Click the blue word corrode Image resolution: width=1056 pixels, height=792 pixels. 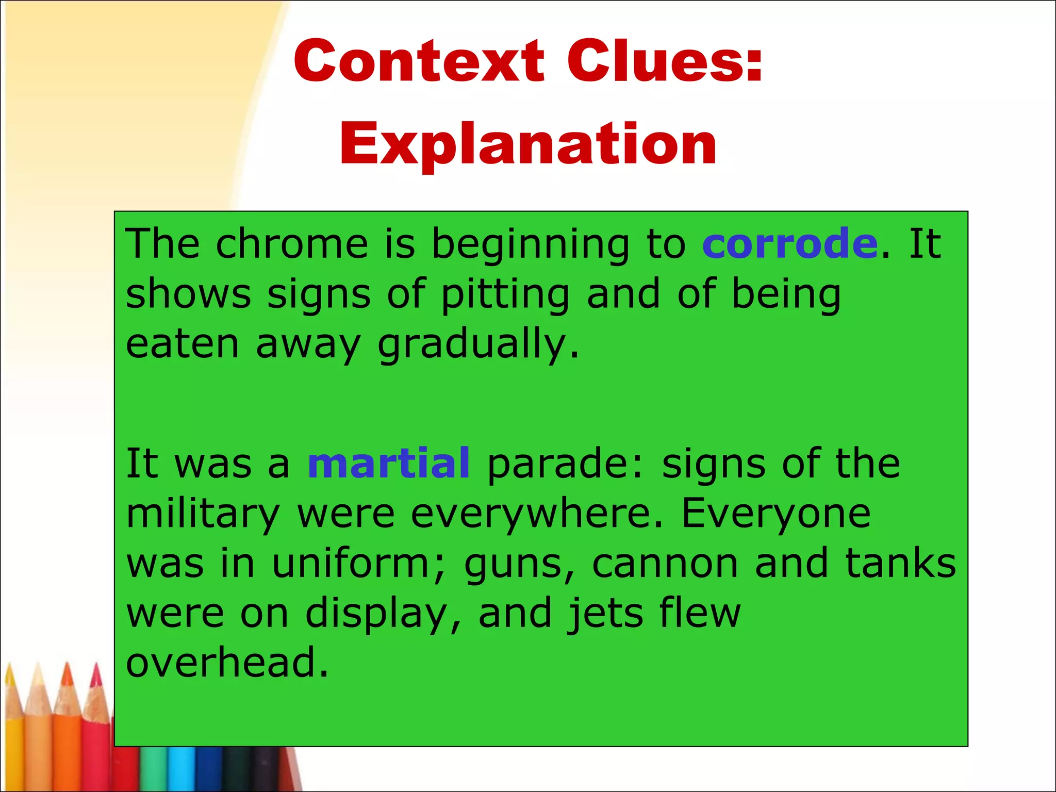click(789, 244)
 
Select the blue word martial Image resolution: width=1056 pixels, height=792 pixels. click(388, 463)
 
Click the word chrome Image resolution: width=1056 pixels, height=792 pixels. click(291, 244)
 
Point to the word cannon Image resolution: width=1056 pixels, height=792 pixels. click(665, 564)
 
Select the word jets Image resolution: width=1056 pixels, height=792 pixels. click(605, 614)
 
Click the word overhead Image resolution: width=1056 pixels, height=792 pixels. click(227, 663)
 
